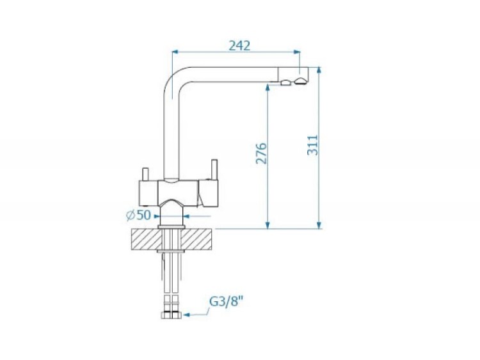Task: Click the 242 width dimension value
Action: pos(240,45)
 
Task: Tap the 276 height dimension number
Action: pos(261,153)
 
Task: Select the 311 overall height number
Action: pos(313,145)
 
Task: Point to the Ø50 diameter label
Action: pos(139,215)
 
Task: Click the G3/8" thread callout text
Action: pos(226,302)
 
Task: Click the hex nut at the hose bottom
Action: pos(171,315)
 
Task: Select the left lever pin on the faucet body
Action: pos(146,174)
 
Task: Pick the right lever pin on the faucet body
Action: pos(214,169)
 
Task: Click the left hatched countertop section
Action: pos(147,239)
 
